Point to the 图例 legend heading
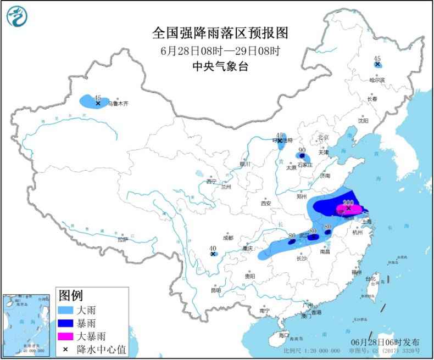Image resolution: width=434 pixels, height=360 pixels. (71, 296)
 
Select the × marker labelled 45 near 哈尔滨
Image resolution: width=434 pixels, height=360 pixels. (377, 64)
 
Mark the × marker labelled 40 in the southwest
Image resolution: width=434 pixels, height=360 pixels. (213, 254)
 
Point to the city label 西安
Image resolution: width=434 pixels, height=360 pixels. (266, 203)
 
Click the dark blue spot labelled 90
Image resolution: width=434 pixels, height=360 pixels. (302, 156)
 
